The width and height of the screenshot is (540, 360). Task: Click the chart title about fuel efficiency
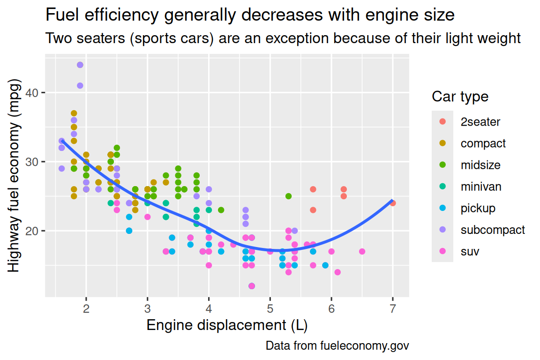pyautogui.click(x=250, y=15)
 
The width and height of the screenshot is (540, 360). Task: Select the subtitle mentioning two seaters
pyautogui.click(x=283, y=38)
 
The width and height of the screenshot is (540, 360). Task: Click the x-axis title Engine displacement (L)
pyautogui.click(x=227, y=325)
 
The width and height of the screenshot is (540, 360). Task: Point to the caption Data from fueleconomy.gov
pyautogui.click(x=337, y=346)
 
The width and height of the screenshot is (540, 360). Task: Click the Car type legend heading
pyautogui.click(x=460, y=97)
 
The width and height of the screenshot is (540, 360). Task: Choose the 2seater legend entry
pyautogui.click(x=480, y=122)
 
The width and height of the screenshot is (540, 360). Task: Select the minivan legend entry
pyautogui.click(x=480, y=187)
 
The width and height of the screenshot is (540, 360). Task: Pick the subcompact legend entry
pyautogui.click(x=492, y=230)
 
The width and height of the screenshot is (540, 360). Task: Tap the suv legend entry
pyautogui.click(x=470, y=252)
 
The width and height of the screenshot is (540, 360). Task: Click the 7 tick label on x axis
pyautogui.click(x=393, y=308)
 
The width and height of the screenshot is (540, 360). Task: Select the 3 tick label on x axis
pyautogui.click(x=148, y=308)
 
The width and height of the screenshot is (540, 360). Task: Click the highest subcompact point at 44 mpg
pyautogui.click(x=80, y=65)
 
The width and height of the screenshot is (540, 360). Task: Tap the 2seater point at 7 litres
pyautogui.click(x=393, y=203)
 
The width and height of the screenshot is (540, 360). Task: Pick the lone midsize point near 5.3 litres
pyautogui.click(x=288, y=196)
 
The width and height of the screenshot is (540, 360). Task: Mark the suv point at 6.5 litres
pyautogui.click(x=362, y=252)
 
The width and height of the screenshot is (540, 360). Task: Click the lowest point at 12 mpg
pyautogui.click(x=252, y=286)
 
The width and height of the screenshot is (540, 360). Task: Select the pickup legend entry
pyautogui.click(x=478, y=208)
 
